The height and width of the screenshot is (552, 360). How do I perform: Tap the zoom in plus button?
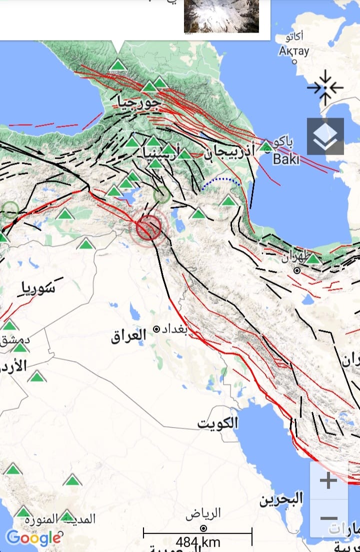tap(328, 481)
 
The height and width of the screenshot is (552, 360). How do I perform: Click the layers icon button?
tap(325, 136)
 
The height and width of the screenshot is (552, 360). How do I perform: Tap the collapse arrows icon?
tap(325, 88)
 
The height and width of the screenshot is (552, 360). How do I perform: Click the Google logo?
tap(33, 538)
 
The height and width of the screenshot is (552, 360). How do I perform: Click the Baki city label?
tap(286, 159)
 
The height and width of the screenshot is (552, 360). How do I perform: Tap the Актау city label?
tap(294, 51)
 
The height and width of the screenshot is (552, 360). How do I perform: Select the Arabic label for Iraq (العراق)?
tap(129, 335)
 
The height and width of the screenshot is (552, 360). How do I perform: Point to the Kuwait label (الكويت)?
tap(217, 423)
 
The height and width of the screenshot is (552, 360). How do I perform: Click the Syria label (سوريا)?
tap(38, 288)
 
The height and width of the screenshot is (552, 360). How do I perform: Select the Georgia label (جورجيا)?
tap(138, 103)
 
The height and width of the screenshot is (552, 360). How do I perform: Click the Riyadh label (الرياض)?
tap(203, 514)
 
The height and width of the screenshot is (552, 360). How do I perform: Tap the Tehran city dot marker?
tap(297, 270)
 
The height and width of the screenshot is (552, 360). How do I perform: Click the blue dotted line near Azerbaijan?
tap(221, 183)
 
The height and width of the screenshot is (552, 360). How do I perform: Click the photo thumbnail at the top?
tap(221, 16)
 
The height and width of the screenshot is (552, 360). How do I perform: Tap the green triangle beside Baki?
tap(266, 147)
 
